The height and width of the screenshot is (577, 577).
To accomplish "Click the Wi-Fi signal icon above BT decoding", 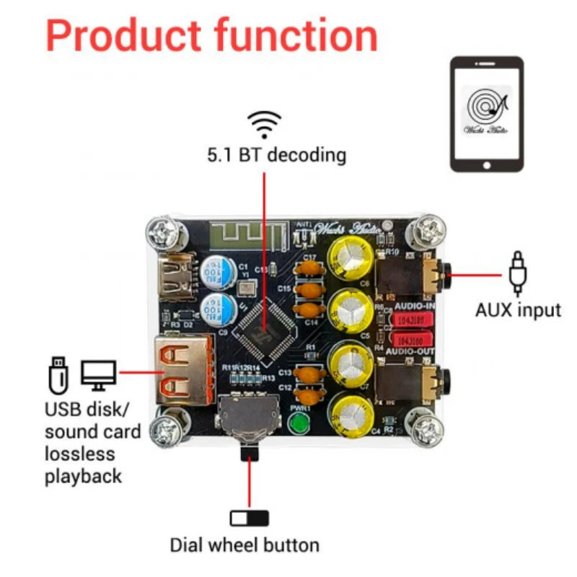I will point(265,124).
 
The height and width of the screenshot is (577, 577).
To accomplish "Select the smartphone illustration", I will point(487,115).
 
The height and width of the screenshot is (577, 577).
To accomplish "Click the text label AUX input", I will point(517,310).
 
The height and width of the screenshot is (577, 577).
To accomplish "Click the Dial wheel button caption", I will point(245,545).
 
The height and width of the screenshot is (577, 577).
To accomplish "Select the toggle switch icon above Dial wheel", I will point(249,518).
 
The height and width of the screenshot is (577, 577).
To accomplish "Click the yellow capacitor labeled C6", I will point(351,257).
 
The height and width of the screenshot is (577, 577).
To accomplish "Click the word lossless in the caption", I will point(79,454).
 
